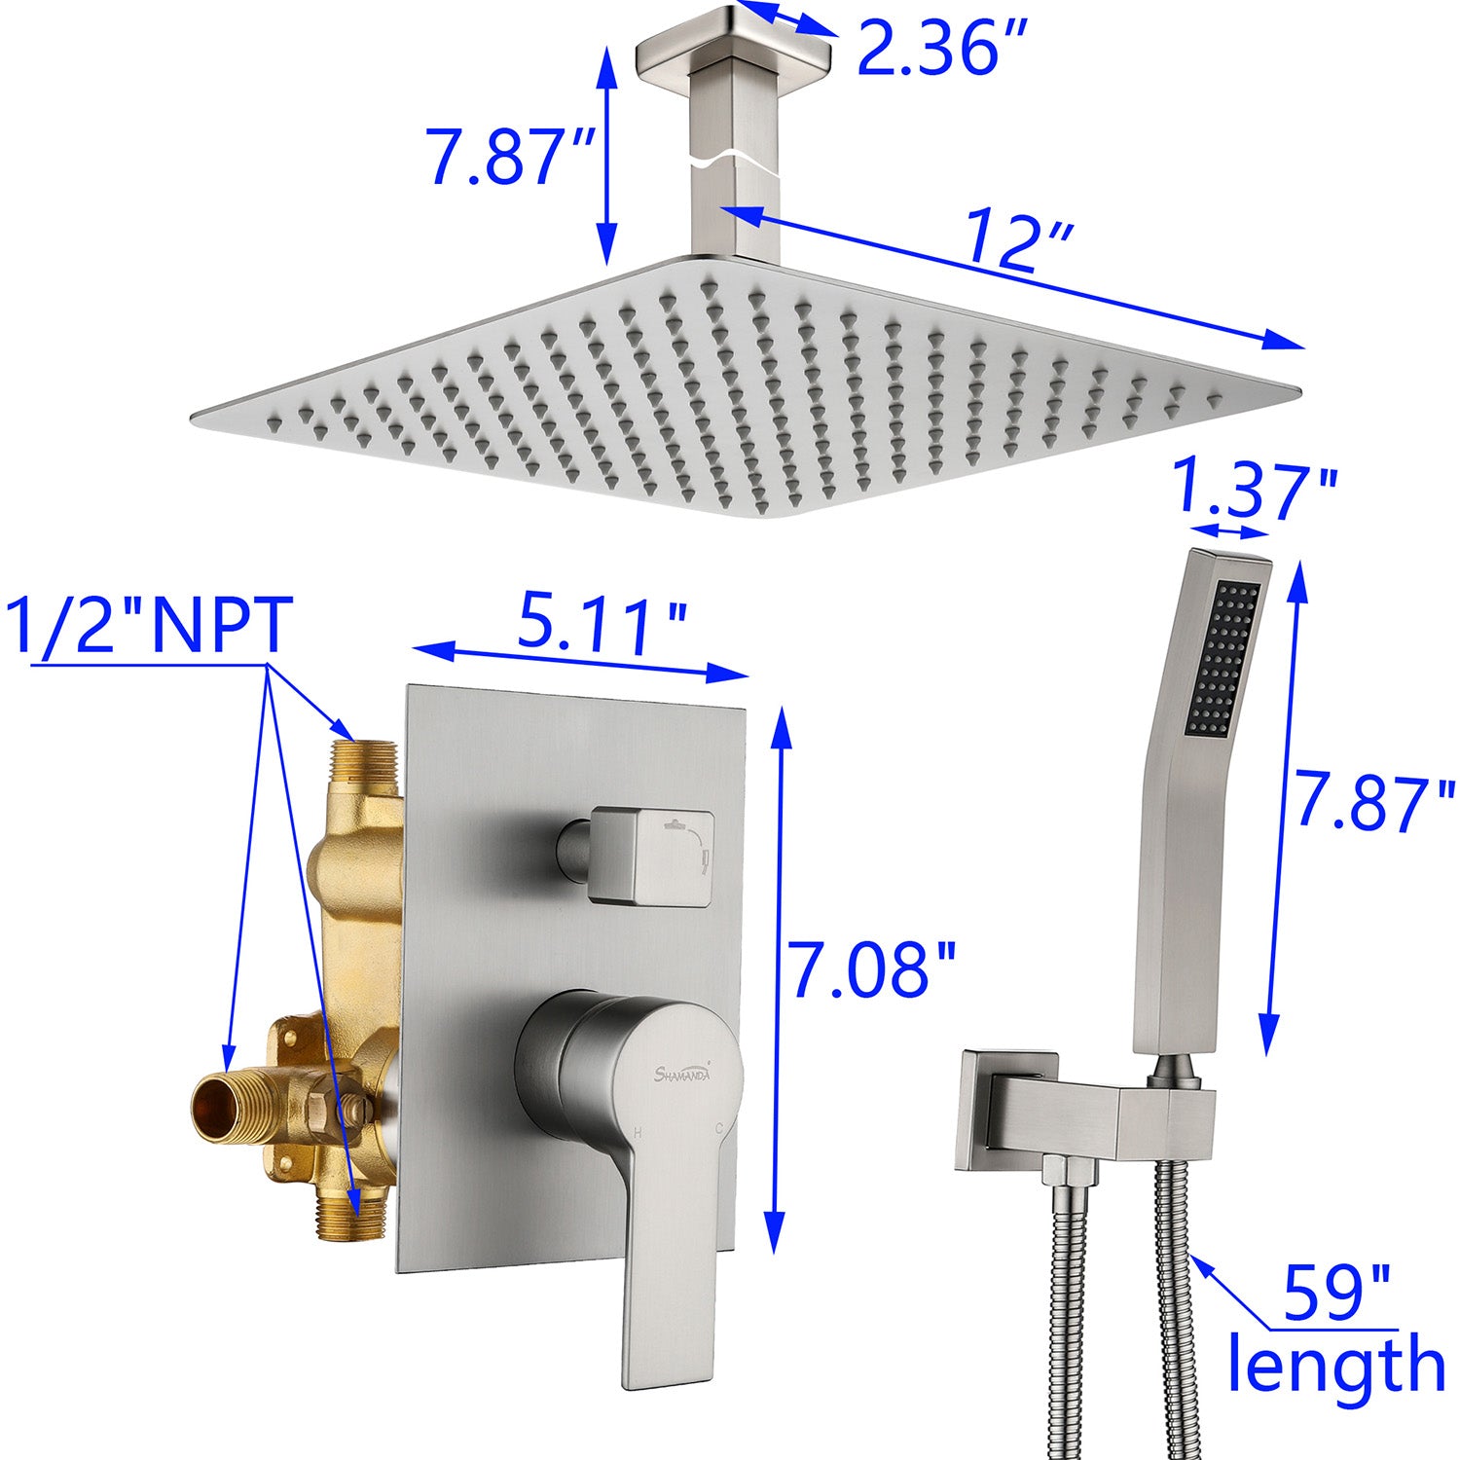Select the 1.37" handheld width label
tap(1255, 491)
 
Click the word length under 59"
tap(1335, 1365)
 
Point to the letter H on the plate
tap(638, 1131)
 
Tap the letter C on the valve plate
tap(718, 1130)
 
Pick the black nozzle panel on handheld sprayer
tap(1223, 657)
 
